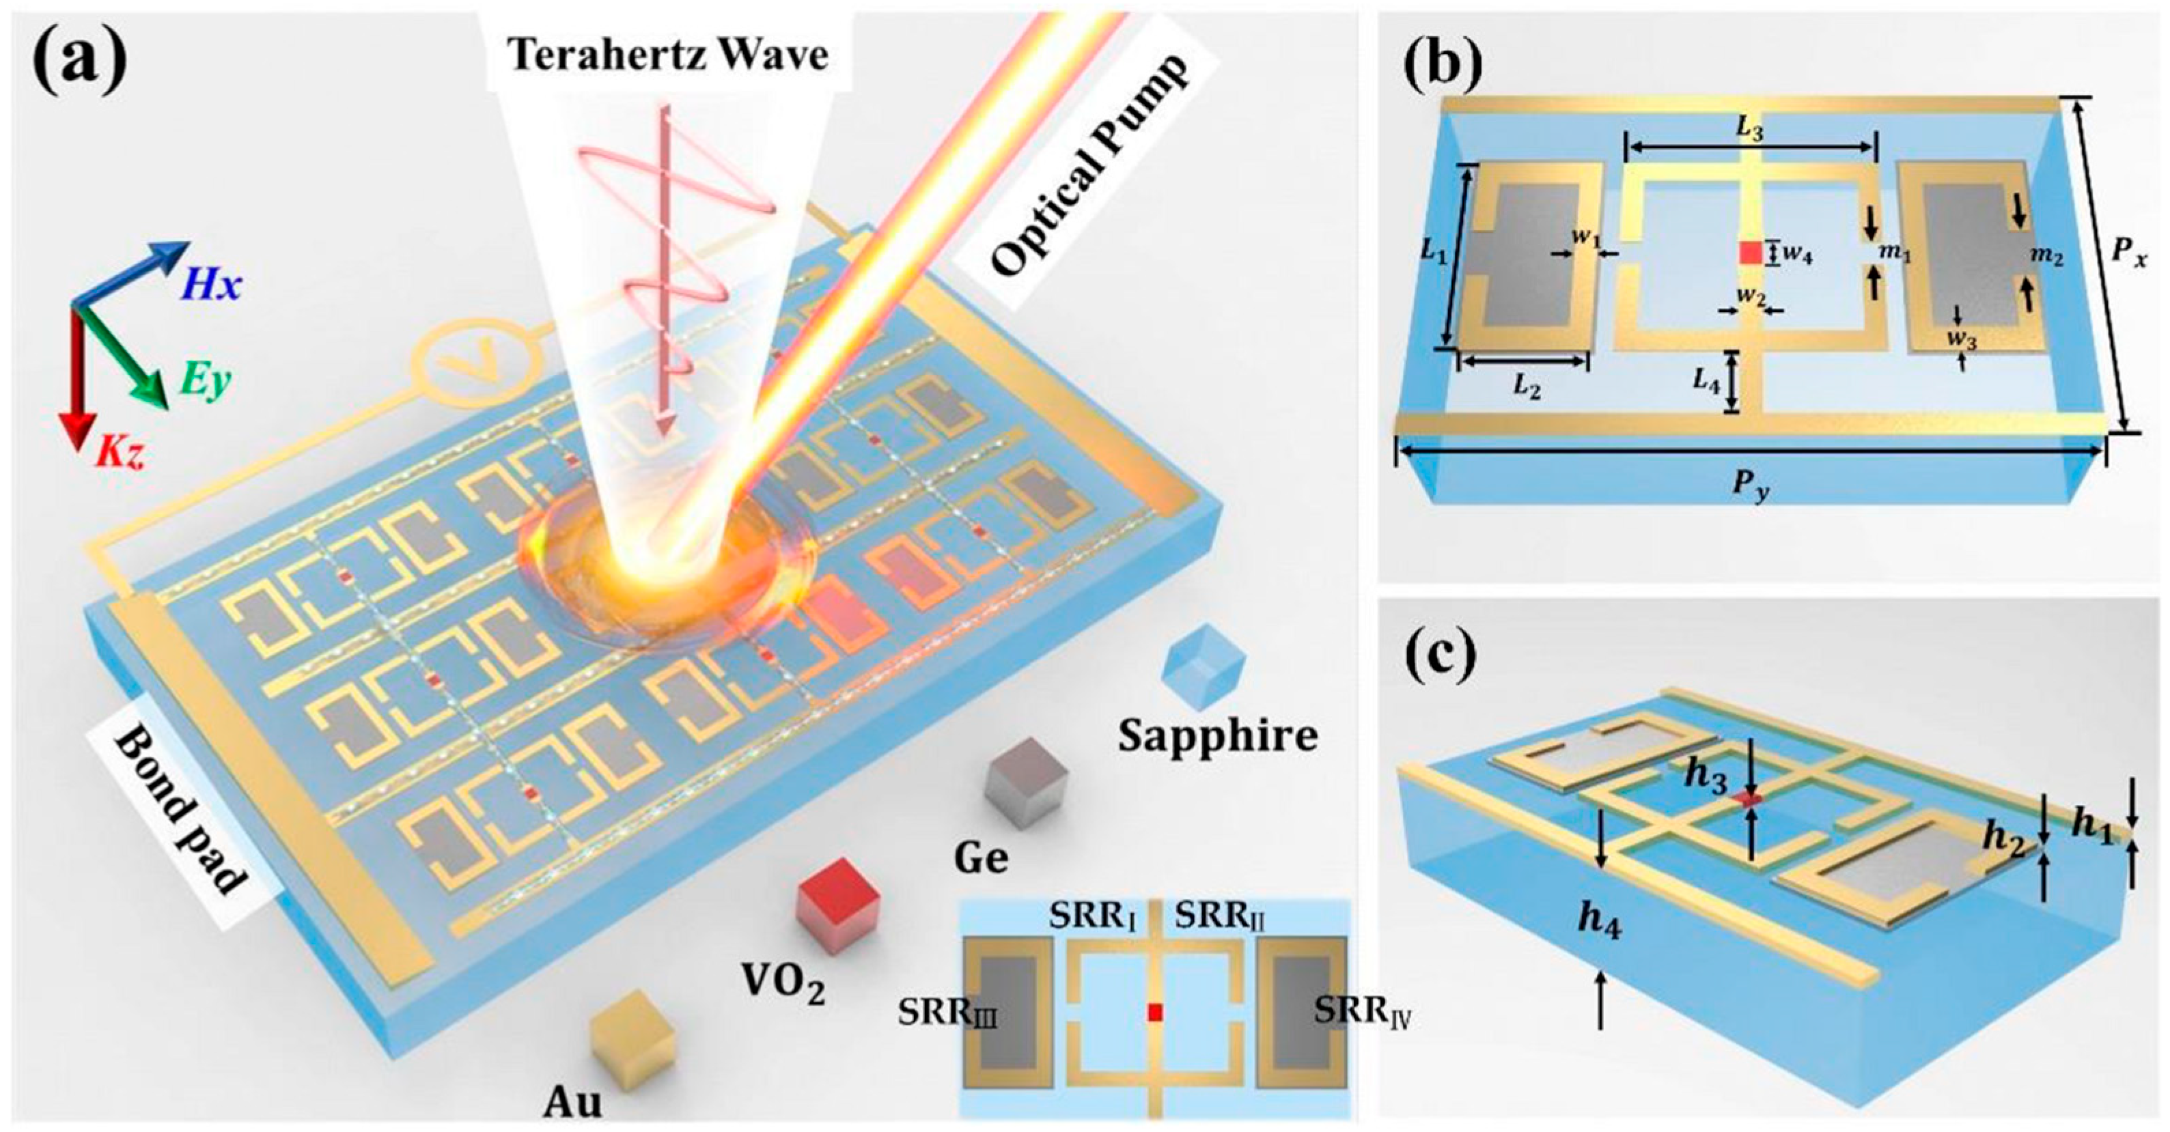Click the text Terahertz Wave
[671, 55]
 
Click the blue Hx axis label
[208, 284]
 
